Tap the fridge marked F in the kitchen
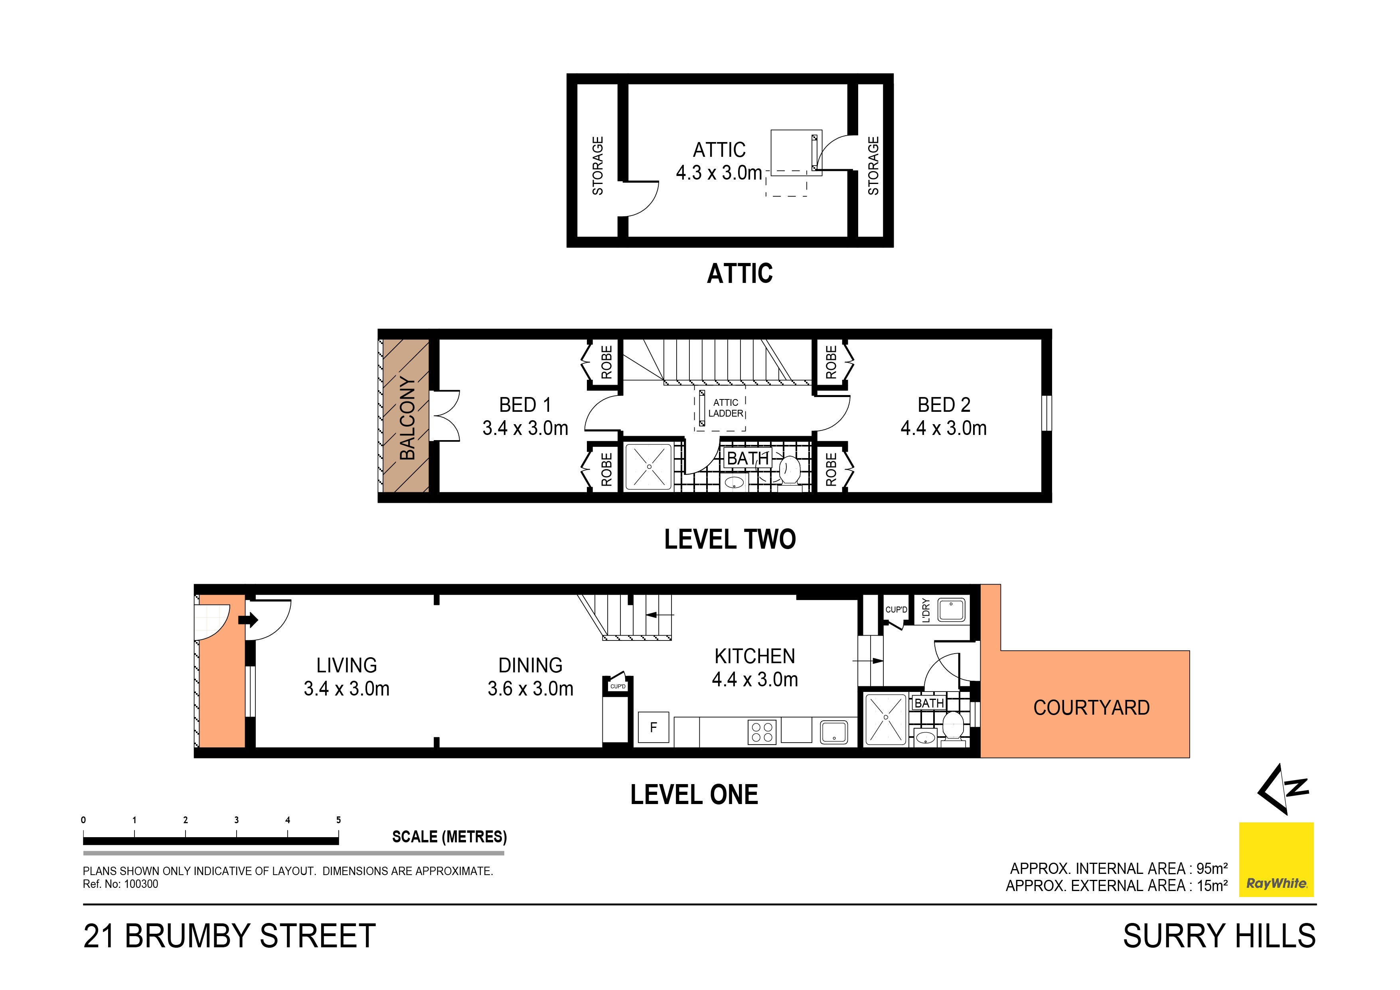point(653,728)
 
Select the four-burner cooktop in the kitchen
point(762,732)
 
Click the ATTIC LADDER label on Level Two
point(726,408)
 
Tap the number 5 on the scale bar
point(338,820)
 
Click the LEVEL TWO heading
point(730,539)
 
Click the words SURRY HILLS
point(1219,936)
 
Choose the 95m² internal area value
point(1212,869)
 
